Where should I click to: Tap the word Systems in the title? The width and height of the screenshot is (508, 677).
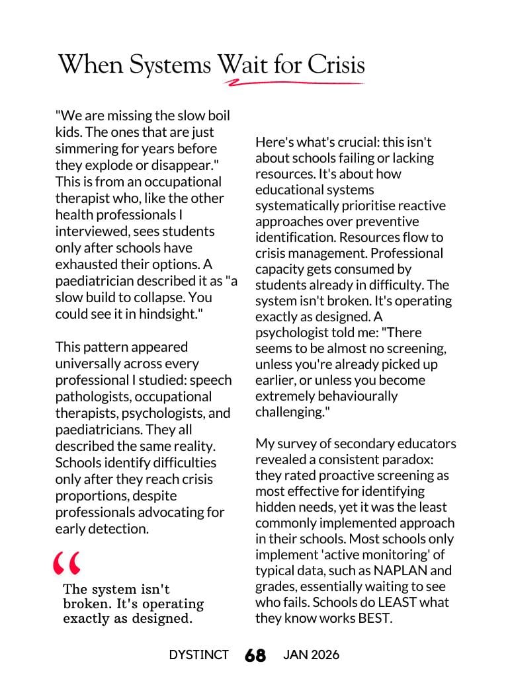(x=171, y=65)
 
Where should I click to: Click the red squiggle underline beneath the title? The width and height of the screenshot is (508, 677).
(x=294, y=83)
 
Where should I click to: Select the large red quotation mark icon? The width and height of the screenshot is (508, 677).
(x=67, y=563)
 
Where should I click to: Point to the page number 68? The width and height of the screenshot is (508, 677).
(x=255, y=655)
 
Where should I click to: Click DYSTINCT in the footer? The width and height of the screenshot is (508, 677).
(x=198, y=655)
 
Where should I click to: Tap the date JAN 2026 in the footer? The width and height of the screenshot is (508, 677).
(x=311, y=655)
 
